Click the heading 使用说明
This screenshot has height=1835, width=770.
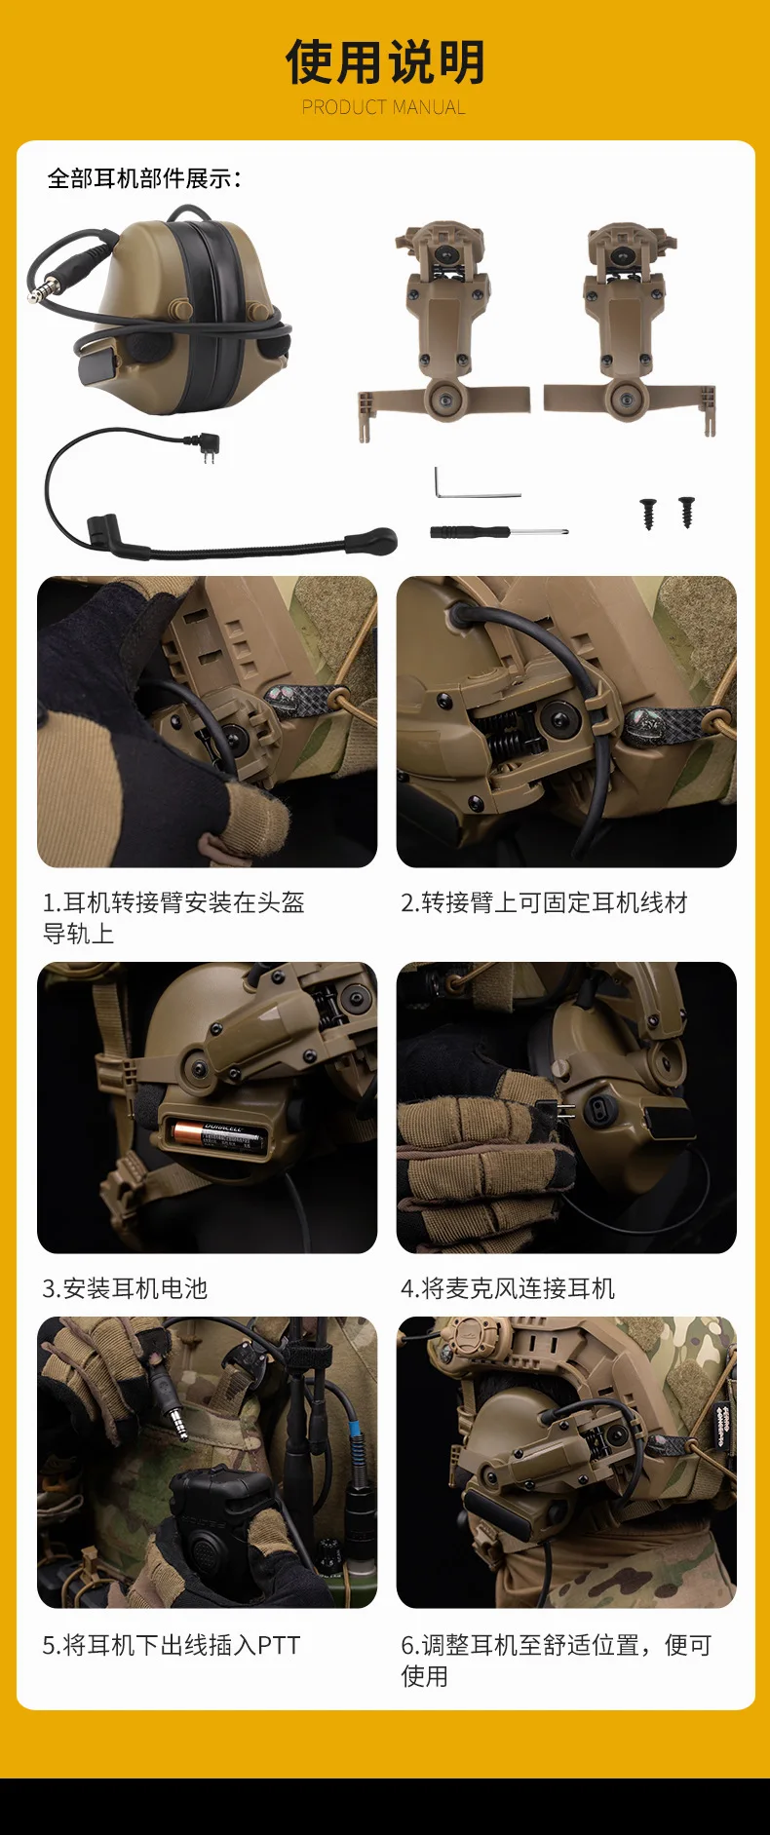coord(385,62)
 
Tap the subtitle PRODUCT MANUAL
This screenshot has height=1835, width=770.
coord(384,107)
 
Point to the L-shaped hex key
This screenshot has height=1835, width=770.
coord(475,484)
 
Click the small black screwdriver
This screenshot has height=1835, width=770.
coord(498,532)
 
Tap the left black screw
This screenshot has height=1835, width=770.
coord(648,513)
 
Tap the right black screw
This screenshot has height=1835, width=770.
coord(686,512)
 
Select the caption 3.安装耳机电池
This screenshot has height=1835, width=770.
coord(125,1288)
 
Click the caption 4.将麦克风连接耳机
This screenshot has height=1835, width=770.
coord(508,1288)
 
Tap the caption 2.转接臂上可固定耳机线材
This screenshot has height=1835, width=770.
coord(544,902)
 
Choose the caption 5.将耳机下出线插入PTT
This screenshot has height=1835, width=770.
coord(172,1645)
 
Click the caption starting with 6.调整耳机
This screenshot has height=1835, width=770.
coord(557,1661)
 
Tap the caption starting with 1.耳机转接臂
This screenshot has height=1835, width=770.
coord(173,918)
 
